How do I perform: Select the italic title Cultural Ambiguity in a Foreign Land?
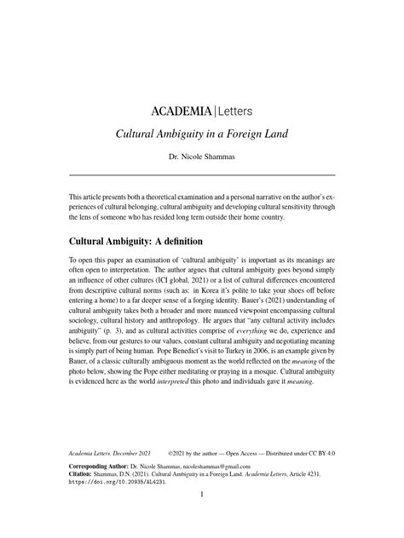tap(201, 135)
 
